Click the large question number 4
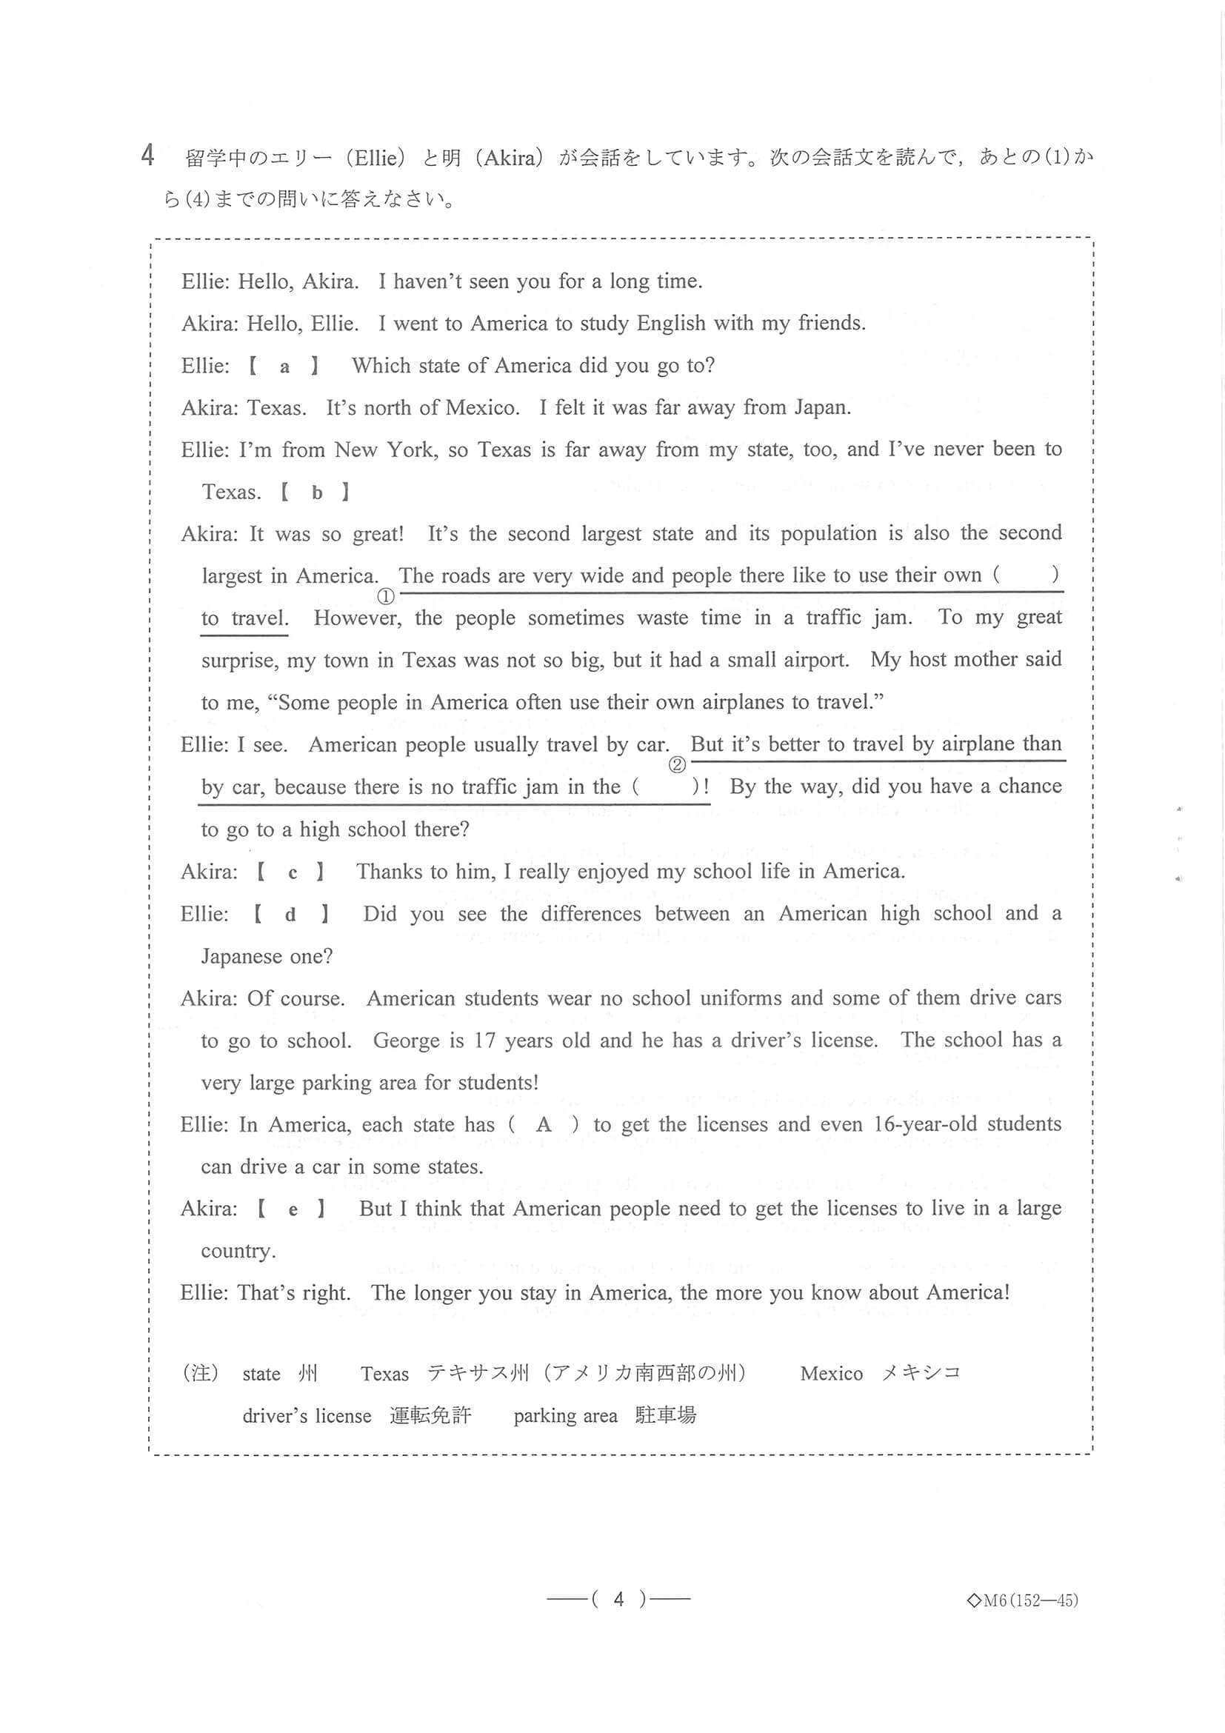(x=148, y=156)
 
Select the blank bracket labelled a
(x=284, y=367)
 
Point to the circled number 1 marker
(x=386, y=596)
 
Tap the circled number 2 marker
(x=677, y=765)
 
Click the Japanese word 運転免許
(x=430, y=1415)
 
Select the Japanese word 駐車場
(x=665, y=1415)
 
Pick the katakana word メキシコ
(x=921, y=1373)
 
